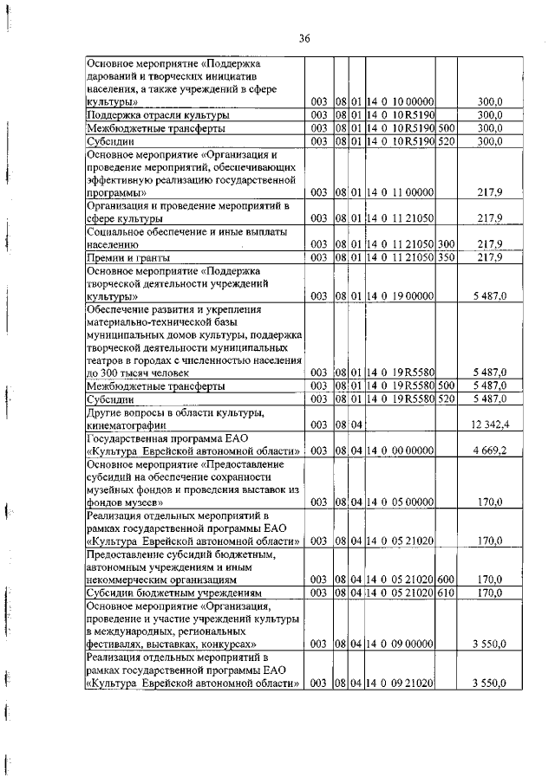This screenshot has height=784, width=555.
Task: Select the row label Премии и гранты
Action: tap(128, 258)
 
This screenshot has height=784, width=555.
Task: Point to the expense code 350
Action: tap(447, 258)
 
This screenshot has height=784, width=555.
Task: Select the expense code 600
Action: tap(447, 580)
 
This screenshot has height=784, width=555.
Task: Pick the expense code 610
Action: tap(447, 593)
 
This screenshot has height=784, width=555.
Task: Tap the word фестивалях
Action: tap(118, 645)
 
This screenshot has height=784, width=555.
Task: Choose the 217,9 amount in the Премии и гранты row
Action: tap(492, 258)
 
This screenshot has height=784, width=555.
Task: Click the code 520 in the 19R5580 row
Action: tap(447, 399)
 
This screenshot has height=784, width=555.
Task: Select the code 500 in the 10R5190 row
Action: tap(447, 128)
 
